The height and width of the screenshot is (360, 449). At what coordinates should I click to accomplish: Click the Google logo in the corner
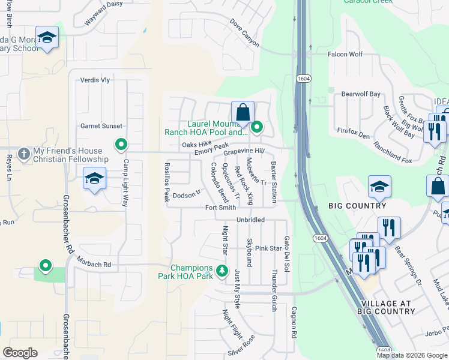[x=20, y=353]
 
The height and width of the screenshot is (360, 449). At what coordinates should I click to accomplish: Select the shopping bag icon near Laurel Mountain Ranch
[x=243, y=112]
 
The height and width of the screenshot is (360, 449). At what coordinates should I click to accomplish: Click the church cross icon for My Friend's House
[x=24, y=154]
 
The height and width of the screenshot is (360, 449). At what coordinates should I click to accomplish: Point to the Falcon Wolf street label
[x=345, y=54]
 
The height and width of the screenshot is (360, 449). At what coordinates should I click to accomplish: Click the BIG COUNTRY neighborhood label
[x=358, y=206]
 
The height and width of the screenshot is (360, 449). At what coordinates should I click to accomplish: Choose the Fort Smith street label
[x=220, y=208]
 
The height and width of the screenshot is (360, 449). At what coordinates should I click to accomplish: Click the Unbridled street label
[x=250, y=220]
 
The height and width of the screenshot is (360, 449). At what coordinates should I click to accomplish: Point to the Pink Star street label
[x=268, y=248]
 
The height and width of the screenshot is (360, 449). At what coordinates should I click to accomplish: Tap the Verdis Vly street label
[x=95, y=80]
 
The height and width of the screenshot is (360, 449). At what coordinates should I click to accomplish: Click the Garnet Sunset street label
[x=101, y=126]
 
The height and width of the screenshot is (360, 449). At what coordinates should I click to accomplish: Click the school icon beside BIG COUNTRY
[x=379, y=188]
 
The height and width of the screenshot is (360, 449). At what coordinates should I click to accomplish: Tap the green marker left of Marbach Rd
[x=45, y=265]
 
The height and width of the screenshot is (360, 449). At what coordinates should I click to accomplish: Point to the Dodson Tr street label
[x=186, y=195]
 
